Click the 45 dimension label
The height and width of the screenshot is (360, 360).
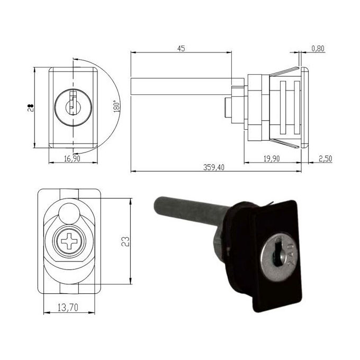pyautogui.click(x=181, y=49)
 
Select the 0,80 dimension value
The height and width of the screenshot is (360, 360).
pyautogui.click(x=318, y=49)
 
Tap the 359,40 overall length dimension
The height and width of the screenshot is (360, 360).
pyautogui.click(x=214, y=167)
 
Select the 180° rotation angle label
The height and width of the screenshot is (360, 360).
pyautogui.click(x=115, y=105)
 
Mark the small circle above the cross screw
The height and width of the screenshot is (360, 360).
pyautogui.click(x=69, y=214)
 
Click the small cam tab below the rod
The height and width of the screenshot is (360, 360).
pyautogui.click(x=227, y=108)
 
